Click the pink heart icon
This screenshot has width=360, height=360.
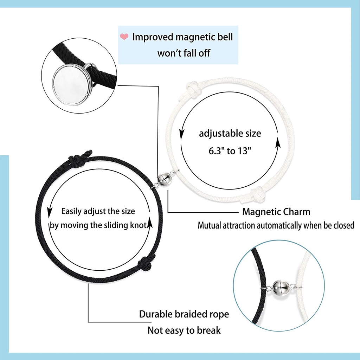[x=124, y=37]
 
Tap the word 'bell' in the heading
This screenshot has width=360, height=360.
[x=225, y=37]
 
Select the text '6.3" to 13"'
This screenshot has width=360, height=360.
[x=230, y=151]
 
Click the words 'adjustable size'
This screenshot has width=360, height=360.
[x=230, y=133]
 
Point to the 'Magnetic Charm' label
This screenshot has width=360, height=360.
[x=276, y=212]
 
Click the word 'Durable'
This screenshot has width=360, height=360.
[x=156, y=314]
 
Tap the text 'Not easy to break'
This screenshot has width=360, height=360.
[x=184, y=330]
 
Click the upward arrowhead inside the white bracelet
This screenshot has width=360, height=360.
[x=278, y=142]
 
